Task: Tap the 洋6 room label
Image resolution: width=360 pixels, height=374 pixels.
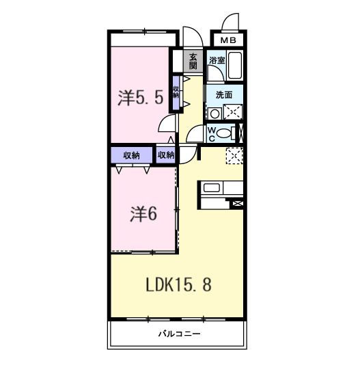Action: pyautogui.click(x=144, y=214)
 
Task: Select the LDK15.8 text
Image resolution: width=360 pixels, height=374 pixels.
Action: pyautogui.click(x=178, y=284)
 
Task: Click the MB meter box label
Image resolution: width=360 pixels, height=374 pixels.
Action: pyautogui.click(x=229, y=40)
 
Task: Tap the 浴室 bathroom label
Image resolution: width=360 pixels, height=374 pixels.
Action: pyautogui.click(x=217, y=60)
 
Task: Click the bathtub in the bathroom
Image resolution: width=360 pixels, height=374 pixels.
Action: pyautogui.click(x=236, y=67)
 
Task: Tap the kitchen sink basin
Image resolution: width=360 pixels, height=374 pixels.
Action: pyautogui.click(x=210, y=187)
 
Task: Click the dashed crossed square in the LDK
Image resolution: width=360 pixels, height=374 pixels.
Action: pyautogui.click(x=234, y=156)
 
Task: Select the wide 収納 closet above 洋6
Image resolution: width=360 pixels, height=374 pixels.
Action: pyautogui.click(x=132, y=155)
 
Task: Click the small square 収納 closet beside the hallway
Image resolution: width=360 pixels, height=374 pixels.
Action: pyautogui.click(x=165, y=155)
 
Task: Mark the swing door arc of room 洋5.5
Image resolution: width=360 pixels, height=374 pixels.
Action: pyautogui.click(x=166, y=123)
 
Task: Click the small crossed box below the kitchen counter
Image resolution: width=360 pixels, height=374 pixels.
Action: pyautogui.click(x=238, y=203)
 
